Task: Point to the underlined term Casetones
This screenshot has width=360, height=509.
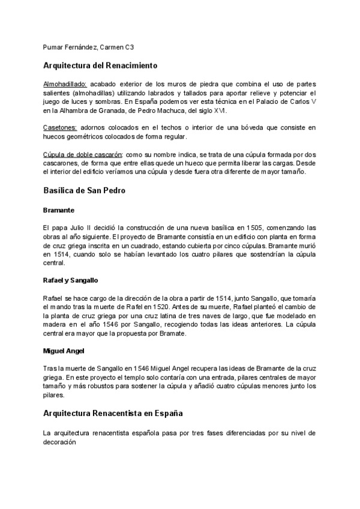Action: (x=60, y=128)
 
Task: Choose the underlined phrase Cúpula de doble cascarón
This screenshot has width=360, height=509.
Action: (x=83, y=155)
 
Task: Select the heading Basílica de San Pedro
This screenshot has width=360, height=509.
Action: (x=84, y=190)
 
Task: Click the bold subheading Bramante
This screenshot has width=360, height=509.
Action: (x=59, y=210)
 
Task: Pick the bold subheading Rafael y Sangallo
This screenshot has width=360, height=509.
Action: (x=71, y=280)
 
